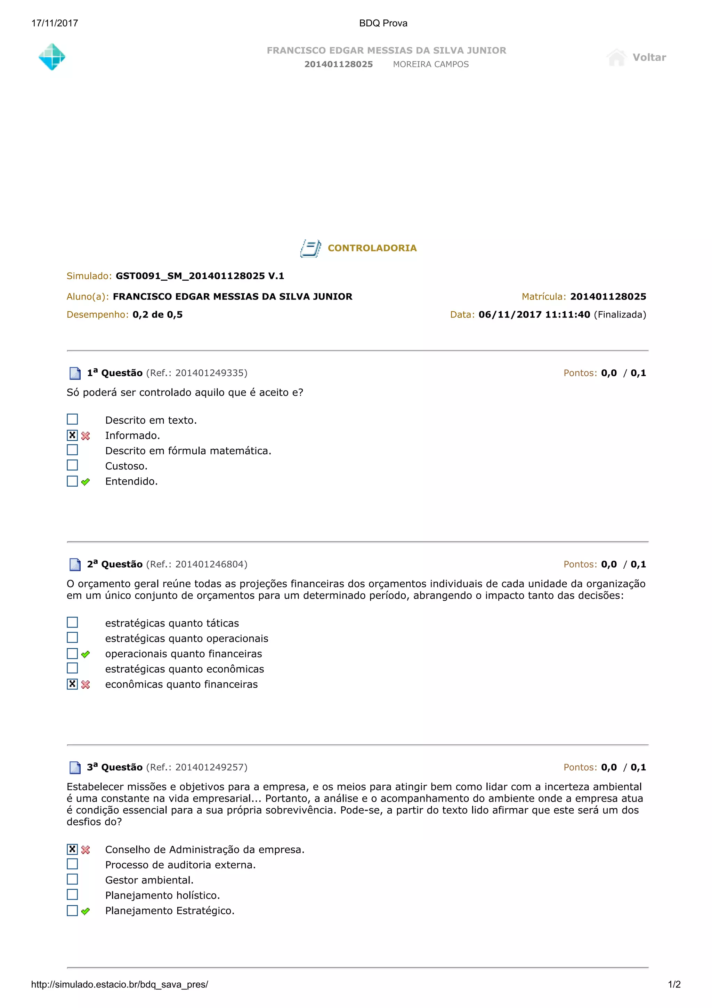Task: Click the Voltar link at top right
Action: coord(648,57)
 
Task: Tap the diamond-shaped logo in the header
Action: coord(52,57)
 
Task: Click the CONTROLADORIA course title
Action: coord(372,248)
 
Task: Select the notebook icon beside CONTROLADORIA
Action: coord(310,248)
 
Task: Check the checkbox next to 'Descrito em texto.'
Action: coord(72,419)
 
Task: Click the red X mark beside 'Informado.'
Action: coord(86,436)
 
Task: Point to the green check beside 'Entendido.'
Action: coord(86,482)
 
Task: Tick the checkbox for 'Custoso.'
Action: coord(72,465)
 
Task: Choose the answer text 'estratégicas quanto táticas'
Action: coord(172,623)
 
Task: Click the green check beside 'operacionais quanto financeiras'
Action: coord(86,654)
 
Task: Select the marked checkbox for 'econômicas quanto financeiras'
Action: coord(72,684)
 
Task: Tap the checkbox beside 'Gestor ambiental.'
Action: coord(72,879)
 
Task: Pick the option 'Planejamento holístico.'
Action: coord(162,895)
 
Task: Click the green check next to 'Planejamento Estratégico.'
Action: coord(86,911)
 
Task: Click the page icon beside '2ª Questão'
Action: coord(75,565)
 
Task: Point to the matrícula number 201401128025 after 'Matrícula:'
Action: coord(608,297)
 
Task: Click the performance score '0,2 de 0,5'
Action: coord(157,315)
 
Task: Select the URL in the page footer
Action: coord(119,984)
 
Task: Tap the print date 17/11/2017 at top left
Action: coord(55,23)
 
